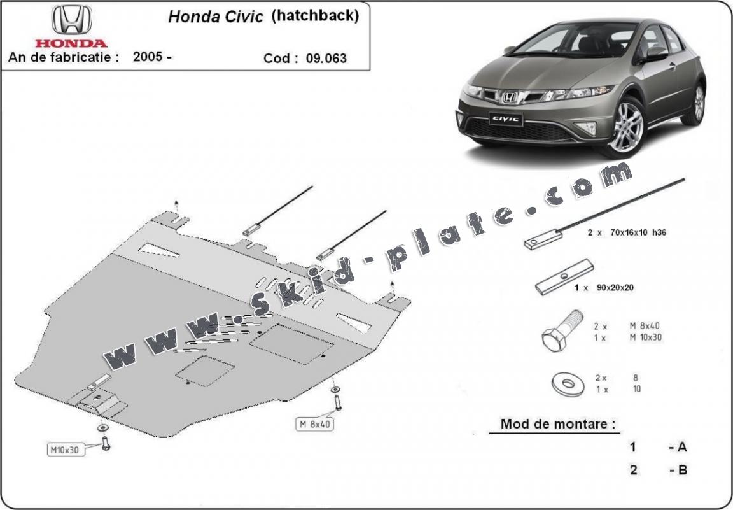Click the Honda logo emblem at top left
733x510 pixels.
(71, 20)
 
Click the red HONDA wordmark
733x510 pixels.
(71, 43)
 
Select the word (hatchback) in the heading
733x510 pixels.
(315, 16)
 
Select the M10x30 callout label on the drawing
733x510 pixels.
(65, 450)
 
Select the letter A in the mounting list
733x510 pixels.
(682, 447)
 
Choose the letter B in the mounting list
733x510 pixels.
(682, 471)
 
